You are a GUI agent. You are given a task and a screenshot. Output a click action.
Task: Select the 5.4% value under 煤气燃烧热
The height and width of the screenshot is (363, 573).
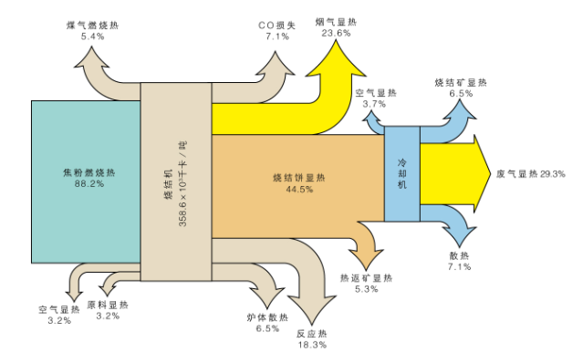[93, 36]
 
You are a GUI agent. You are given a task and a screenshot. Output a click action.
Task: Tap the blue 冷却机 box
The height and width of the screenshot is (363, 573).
[401, 173]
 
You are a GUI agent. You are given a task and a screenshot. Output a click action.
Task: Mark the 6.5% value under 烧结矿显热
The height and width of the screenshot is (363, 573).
[461, 93]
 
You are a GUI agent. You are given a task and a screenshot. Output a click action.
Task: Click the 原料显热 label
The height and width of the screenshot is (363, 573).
[108, 305]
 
